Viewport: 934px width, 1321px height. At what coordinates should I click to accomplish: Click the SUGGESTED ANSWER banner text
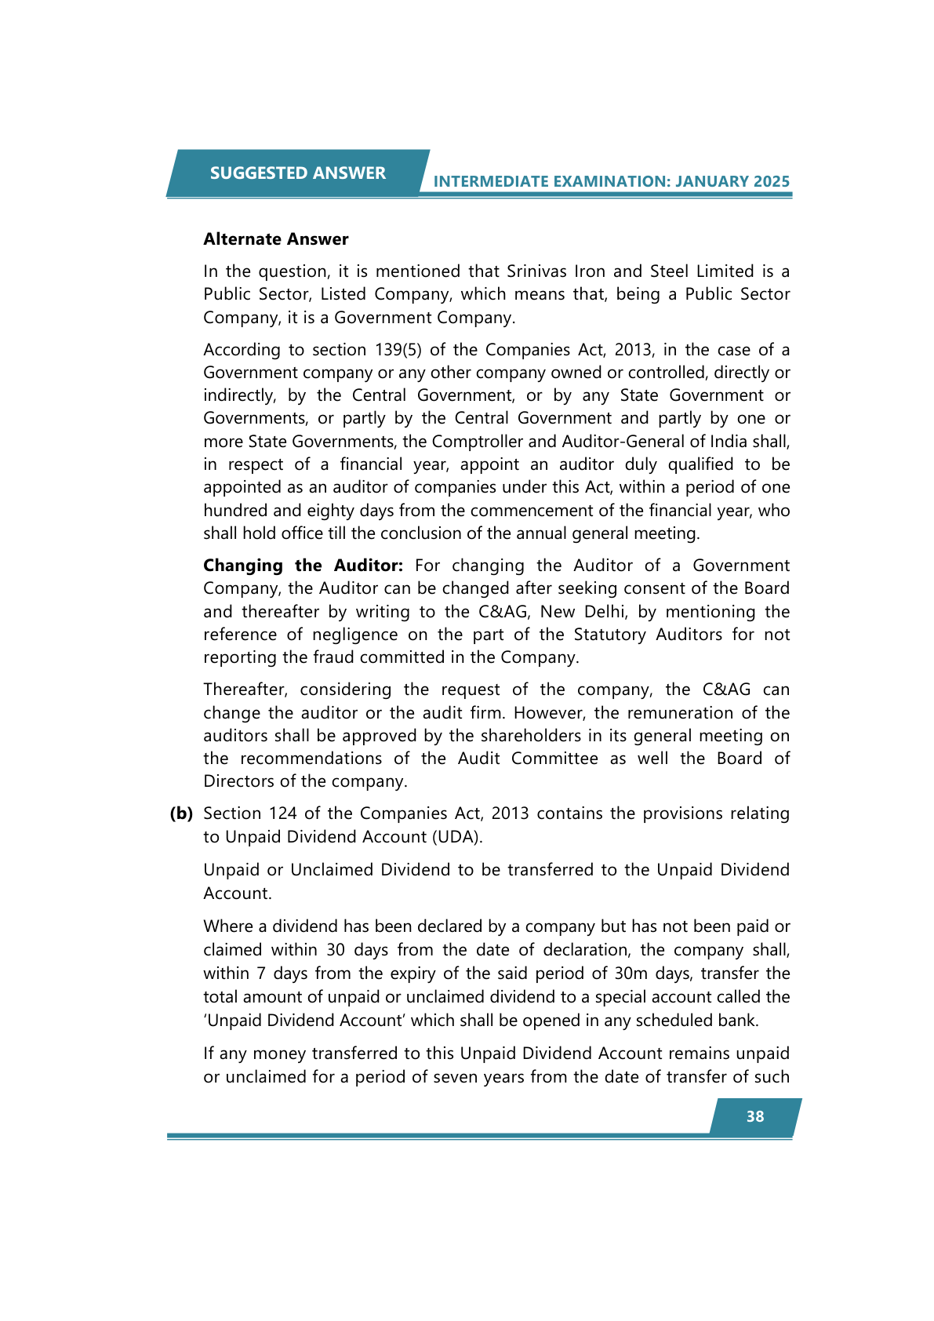click(x=297, y=173)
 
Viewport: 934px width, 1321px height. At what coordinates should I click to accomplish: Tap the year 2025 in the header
click(x=771, y=181)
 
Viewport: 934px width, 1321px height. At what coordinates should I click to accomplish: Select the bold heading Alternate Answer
click(x=275, y=239)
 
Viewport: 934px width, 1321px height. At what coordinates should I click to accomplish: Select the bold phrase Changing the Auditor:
click(x=303, y=566)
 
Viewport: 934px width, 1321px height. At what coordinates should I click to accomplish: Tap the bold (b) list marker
click(x=181, y=813)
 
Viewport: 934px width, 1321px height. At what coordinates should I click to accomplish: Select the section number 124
click(x=282, y=813)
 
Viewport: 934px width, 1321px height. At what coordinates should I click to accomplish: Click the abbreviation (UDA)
click(x=456, y=837)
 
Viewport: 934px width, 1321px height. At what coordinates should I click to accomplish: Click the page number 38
click(x=754, y=1116)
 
